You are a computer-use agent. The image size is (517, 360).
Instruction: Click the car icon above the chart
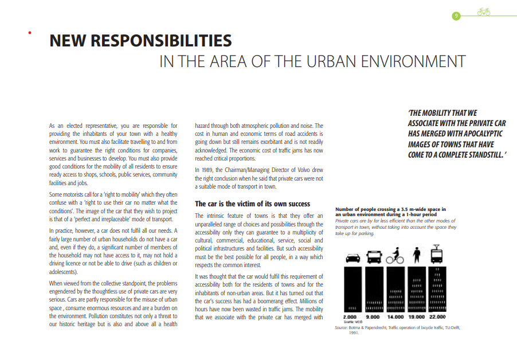click(x=353, y=257)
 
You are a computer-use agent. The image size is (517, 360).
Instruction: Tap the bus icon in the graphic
click(x=374, y=256)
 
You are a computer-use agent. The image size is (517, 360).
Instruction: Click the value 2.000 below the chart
click(x=350, y=316)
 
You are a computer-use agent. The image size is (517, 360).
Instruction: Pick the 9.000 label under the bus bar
click(x=373, y=316)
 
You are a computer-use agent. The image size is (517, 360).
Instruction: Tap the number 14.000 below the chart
click(x=395, y=316)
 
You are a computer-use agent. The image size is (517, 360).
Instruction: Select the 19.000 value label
click(x=416, y=316)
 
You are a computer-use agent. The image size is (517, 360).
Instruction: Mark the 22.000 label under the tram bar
click(x=437, y=316)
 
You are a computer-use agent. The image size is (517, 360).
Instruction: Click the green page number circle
click(x=456, y=15)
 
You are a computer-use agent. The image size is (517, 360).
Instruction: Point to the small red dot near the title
click(x=29, y=33)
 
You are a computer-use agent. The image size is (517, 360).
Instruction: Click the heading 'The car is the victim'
click(x=252, y=204)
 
